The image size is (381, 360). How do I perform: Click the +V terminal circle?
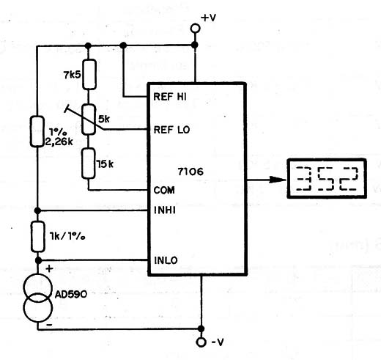coord(195,28)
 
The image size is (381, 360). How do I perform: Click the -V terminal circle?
coord(201,342)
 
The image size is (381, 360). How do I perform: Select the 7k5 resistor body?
coord(89,74)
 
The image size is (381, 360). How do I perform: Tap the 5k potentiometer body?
coord(89,120)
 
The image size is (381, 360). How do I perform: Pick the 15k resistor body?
coord(88,164)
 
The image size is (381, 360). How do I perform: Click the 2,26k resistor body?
coord(37,131)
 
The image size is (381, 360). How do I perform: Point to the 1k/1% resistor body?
coord(38,237)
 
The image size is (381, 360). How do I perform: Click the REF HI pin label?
coord(170,97)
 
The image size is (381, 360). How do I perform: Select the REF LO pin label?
coord(171,130)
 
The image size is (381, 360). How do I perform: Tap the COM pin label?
coord(164,190)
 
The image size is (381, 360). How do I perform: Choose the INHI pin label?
coord(165,210)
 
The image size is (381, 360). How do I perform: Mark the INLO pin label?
coord(166,260)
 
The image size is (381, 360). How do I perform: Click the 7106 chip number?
coord(190,172)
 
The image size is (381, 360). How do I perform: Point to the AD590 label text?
coord(71,294)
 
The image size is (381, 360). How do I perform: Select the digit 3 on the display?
coord(303,179)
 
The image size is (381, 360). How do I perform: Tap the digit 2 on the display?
coord(349,179)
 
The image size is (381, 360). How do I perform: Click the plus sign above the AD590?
coord(49,269)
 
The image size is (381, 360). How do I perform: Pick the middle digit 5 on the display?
coord(326,179)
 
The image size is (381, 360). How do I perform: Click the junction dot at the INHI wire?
coord(37,210)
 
